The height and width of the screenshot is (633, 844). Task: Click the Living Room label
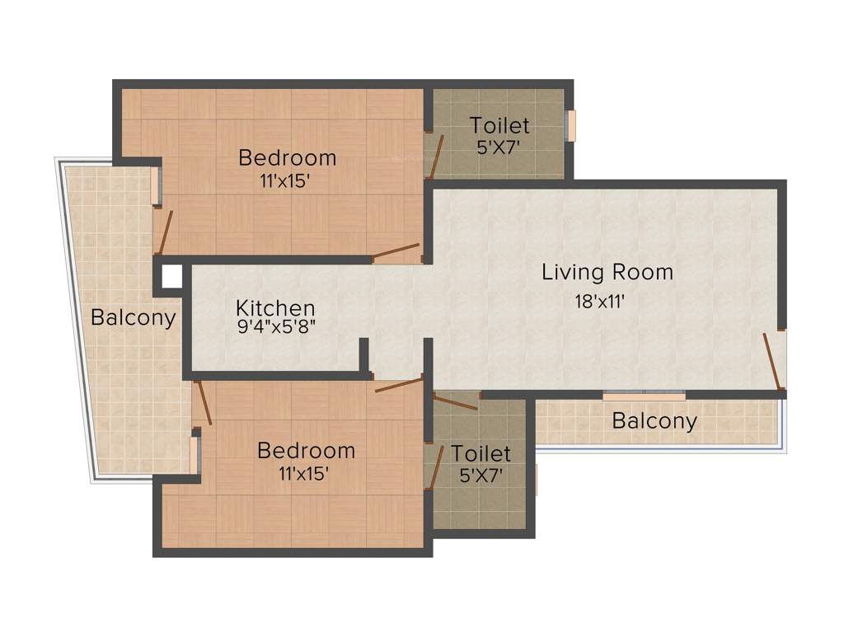pyautogui.click(x=607, y=272)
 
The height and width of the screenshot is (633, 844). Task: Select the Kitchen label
pyautogui.click(x=275, y=308)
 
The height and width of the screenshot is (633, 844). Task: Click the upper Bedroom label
pyautogui.click(x=287, y=157)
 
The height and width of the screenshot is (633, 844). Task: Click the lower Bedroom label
pyautogui.click(x=306, y=451)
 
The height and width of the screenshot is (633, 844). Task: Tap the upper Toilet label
pyautogui.click(x=499, y=126)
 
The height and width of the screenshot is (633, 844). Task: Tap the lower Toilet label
pyautogui.click(x=481, y=454)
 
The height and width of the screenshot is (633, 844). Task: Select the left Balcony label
pyautogui.click(x=133, y=318)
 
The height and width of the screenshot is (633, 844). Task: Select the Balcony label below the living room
pyautogui.click(x=654, y=421)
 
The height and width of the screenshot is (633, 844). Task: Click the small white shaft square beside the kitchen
pyautogui.click(x=171, y=276)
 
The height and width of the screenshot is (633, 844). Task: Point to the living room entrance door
pyautogui.click(x=772, y=360)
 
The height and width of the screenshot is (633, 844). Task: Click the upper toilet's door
pyautogui.click(x=435, y=156)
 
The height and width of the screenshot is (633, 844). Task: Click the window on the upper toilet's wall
pyautogui.click(x=570, y=125)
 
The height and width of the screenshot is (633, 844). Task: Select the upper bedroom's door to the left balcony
pyautogui.click(x=165, y=232)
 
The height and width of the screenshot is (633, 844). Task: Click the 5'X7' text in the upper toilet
pyautogui.click(x=499, y=148)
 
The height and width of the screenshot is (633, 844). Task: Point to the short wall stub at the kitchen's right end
pyautogui.click(x=363, y=354)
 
